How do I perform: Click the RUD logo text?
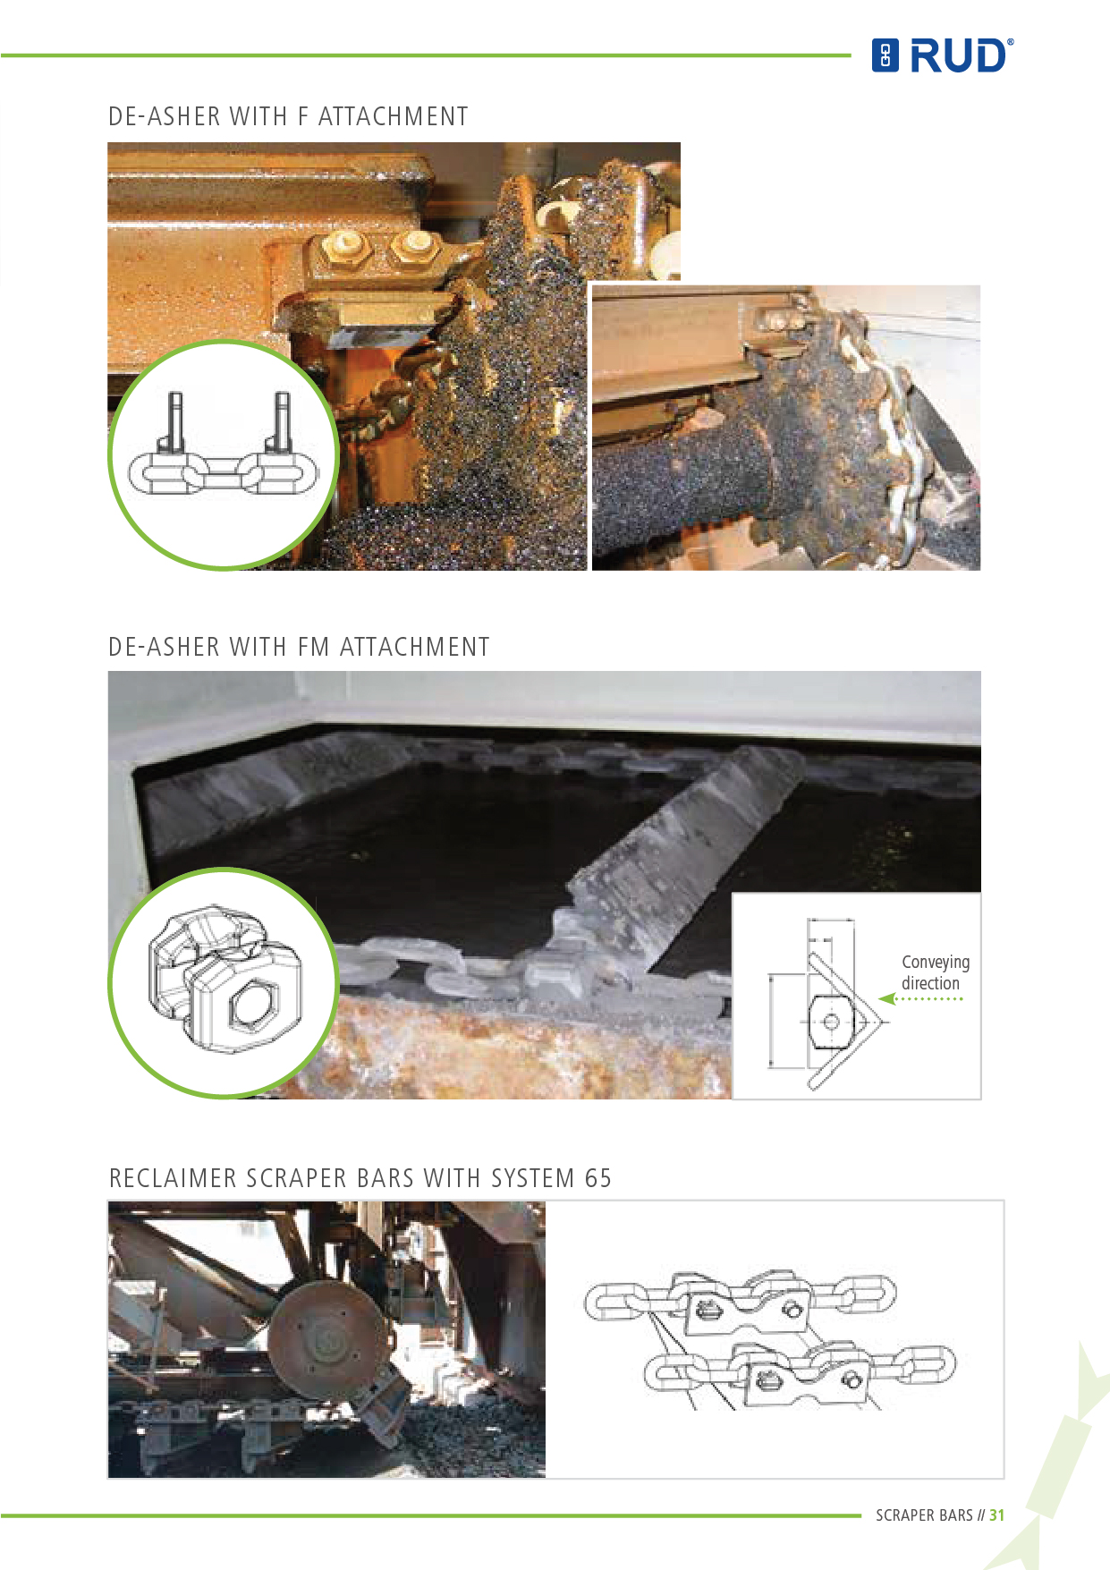click(x=958, y=55)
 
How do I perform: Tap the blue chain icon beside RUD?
click(x=885, y=55)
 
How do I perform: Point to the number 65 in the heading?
click(x=597, y=1178)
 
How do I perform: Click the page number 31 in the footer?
click(x=996, y=1515)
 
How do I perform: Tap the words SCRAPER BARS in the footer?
click(x=924, y=1515)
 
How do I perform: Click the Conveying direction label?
click(x=936, y=972)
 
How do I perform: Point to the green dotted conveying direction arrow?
click(x=920, y=998)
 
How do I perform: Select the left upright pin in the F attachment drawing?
click(x=174, y=422)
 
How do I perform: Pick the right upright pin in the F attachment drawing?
click(x=281, y=422)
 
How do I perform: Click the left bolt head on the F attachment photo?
click(x=344, y=245)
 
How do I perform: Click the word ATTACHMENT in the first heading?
click(x=393, y=117)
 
